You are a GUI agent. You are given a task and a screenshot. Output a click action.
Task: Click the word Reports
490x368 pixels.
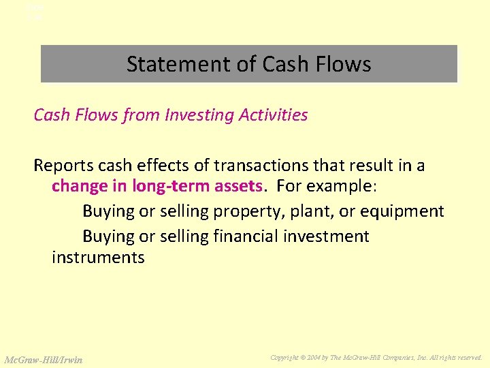tap(61, 166)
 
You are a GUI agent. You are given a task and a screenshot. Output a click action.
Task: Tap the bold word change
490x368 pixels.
tap(78, 186)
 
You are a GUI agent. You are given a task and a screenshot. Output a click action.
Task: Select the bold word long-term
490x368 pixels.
tap(164, 186)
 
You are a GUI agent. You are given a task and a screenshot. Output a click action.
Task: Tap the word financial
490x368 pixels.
tap(250, 236)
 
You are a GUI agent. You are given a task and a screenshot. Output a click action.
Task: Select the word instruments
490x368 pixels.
tap(98, 258)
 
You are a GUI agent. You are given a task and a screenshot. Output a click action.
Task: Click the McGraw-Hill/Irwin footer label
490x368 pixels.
tap(43, 359)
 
